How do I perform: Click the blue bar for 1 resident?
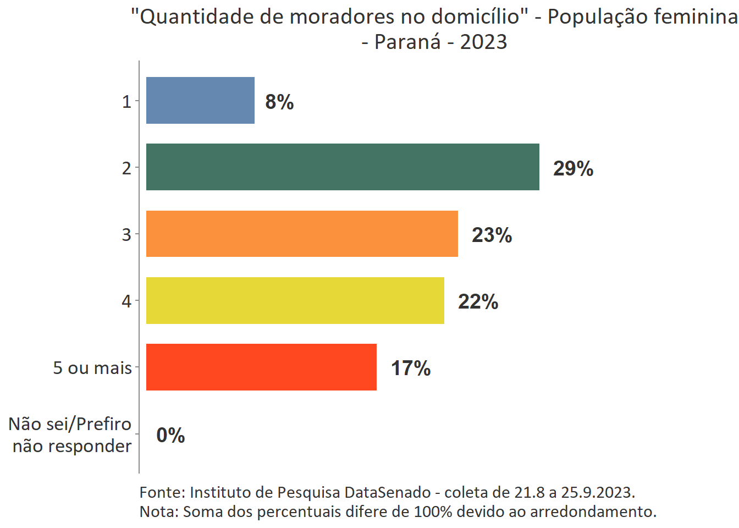[200, 101]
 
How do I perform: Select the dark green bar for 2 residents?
[343, 167]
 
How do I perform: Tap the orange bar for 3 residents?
[302, 234]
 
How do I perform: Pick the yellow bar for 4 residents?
[295, 301]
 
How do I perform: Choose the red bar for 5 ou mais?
[261, 367]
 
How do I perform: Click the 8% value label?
[279, 102]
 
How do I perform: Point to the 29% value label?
[573, 168]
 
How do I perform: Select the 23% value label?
[492, 235]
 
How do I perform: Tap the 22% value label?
[478, 301]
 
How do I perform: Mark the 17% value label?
[411, 368]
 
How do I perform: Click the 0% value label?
[170, 435]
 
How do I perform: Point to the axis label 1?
[126, 102]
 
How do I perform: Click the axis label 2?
[126, 168]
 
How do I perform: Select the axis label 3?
[126, 235]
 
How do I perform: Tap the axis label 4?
[126, 301]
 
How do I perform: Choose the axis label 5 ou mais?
[92, 368]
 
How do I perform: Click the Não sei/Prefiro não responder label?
[71, 435]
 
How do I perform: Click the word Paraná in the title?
[407, 42]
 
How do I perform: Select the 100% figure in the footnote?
[433, 512]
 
